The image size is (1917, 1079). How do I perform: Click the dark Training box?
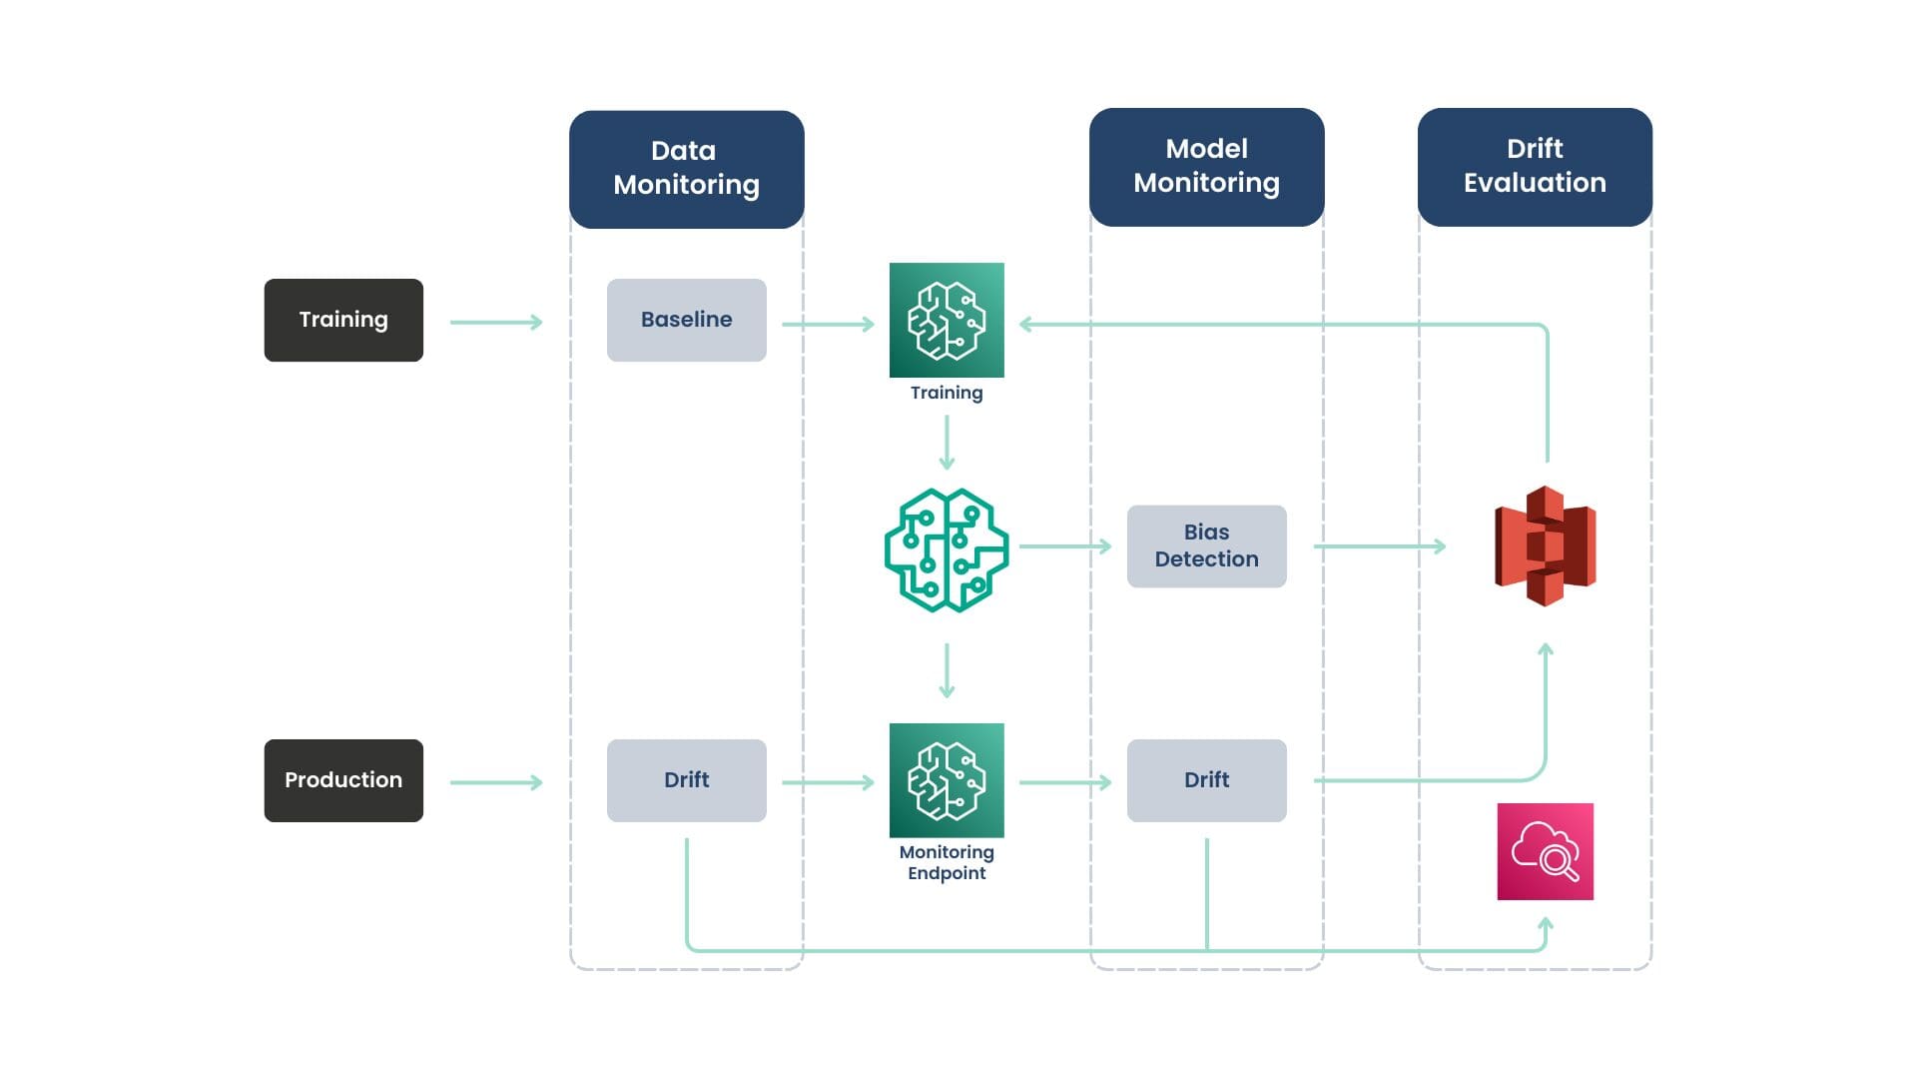point(343,320)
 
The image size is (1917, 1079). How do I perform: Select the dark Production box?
point(343,780)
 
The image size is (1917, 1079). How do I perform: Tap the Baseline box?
point(687,320)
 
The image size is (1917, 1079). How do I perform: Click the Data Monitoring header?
point(687,169)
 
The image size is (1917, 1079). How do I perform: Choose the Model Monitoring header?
point(1207,167)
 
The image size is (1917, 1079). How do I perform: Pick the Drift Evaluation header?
point(1535,167)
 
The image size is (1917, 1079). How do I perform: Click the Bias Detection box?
point(1207,546)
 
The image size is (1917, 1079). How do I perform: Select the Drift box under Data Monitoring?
point(687,780)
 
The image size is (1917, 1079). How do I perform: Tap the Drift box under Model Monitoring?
point(1207,780)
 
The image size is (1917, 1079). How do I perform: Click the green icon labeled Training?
point(947,320)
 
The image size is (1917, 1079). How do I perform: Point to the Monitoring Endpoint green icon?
point(947,780)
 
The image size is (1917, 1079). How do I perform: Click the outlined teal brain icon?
point(947,550)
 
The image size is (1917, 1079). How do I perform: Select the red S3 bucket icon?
point(1545,546)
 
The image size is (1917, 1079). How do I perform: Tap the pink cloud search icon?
point(1546,851)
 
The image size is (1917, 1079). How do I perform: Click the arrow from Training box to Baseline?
point(496,322)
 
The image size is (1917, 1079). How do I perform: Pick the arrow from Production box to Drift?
point(496,782)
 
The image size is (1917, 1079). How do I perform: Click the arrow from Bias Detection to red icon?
point(1380,546)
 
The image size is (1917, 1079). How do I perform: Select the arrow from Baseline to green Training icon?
point(828,324)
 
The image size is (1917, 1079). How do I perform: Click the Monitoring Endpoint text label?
point(947,862)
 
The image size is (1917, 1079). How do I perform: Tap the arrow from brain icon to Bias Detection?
point(1065,546)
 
